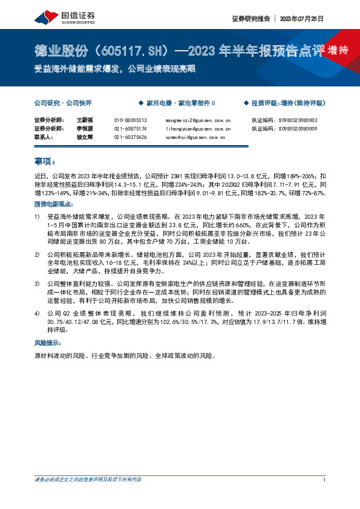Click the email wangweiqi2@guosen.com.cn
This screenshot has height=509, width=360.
click(x=198, y=120)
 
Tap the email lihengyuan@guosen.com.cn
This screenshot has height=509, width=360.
click(x=198, y=129)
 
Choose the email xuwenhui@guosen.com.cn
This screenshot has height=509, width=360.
click(x=195, y=137)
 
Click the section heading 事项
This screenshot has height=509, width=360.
click(x=44, y=161)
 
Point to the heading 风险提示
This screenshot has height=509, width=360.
click(x=47, y=343)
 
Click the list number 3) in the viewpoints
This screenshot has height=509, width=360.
click(x=38, y=283)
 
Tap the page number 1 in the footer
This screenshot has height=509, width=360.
click(x=325, y=480)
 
